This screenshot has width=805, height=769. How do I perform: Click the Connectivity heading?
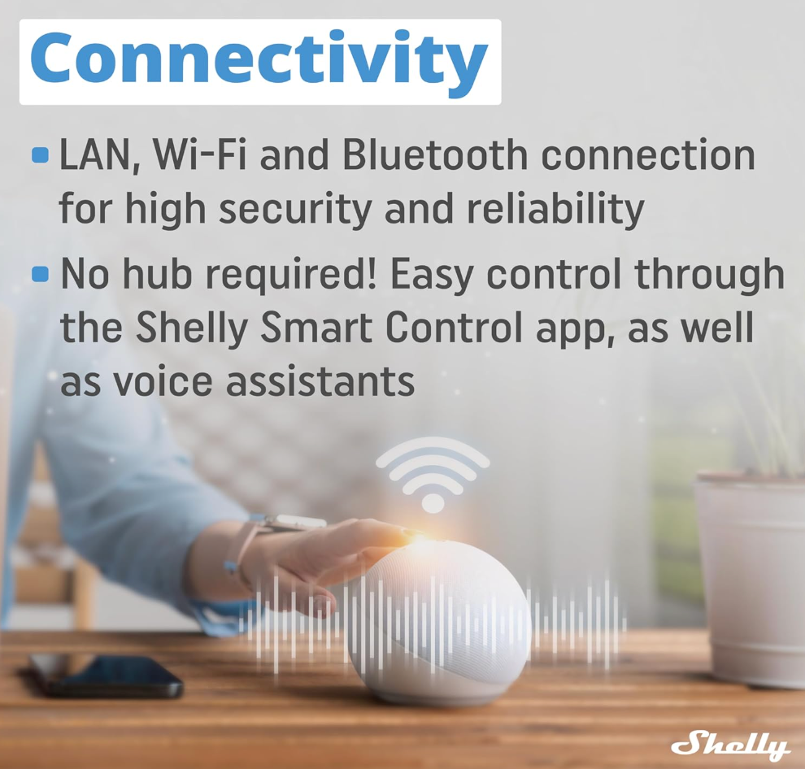pos(259,62)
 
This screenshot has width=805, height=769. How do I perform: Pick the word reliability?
pos(555,210)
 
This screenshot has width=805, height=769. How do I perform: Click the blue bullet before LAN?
pos(40,155)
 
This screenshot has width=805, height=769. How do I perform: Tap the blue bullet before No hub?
pos(40,274)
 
